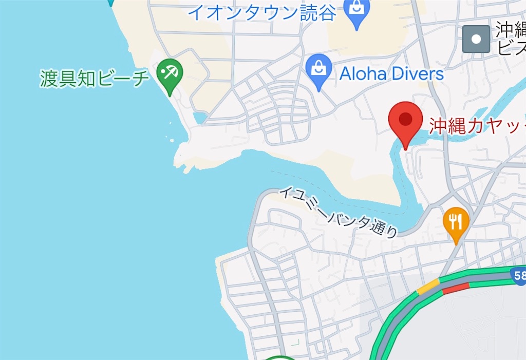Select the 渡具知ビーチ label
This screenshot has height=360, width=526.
(95, 78)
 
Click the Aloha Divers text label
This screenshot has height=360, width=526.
(391, 73)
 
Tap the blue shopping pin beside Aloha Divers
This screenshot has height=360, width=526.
(318, 69)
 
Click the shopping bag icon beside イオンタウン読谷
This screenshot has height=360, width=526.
(356, 9)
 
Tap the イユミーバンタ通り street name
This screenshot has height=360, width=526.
(339, 212)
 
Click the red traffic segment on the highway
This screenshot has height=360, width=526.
(456, 288)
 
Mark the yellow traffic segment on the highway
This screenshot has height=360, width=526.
(428, 287)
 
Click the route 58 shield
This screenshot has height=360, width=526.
(519, 276)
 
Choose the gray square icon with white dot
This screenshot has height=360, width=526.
(476, 39)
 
